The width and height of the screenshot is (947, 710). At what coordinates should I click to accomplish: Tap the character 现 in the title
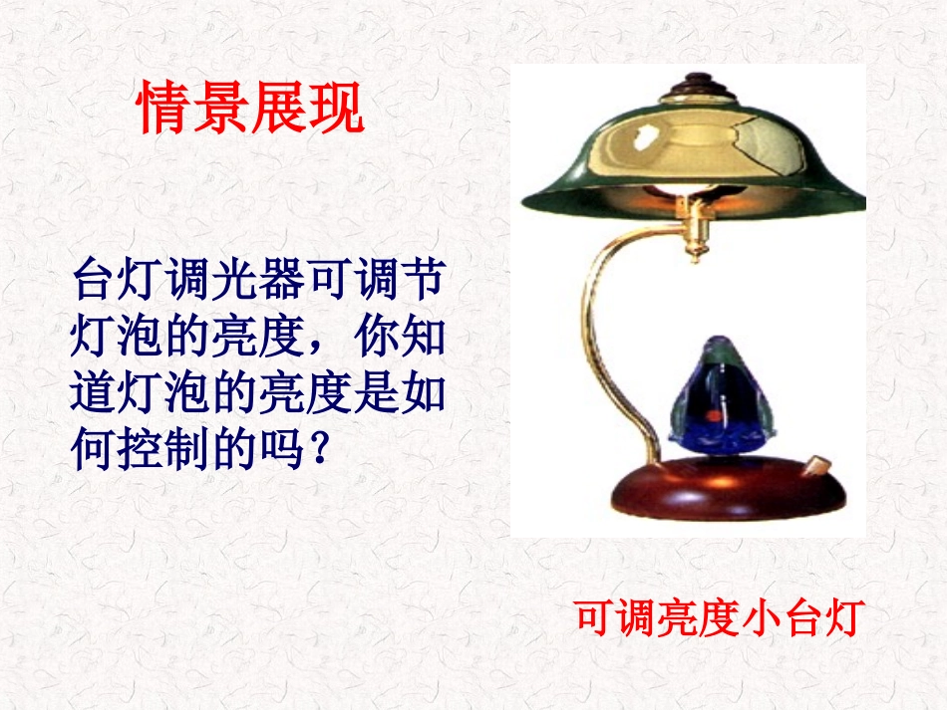pos(336,109)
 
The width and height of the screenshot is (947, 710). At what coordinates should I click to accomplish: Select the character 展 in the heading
pos(279,109)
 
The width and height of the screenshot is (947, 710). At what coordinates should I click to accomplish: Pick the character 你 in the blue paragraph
pos(375,339)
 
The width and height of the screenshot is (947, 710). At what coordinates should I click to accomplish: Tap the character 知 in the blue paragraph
pos(422,339)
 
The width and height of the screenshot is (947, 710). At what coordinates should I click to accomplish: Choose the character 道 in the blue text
pos(94,395)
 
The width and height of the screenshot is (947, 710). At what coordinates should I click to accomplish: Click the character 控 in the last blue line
pos(141,451)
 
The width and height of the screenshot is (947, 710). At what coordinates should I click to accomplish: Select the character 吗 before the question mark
pos(281,451)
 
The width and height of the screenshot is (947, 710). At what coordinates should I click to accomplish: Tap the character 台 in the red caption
pos(803,617)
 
